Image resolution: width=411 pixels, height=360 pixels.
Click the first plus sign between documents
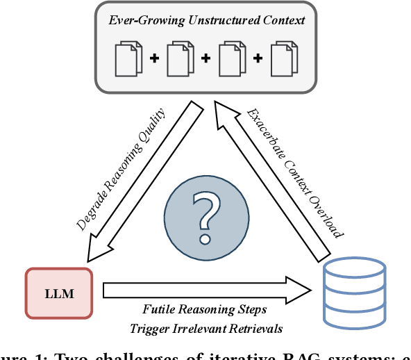(153, 58)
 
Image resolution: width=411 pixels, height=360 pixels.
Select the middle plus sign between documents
(205, 58)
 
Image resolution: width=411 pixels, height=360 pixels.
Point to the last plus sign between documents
(257, 58)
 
